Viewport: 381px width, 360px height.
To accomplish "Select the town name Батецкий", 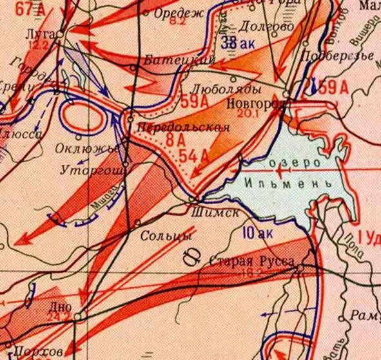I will tap(179, 59).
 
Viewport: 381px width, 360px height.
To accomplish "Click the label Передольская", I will tap(182, 128).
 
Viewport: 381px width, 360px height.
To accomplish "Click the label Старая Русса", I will tap(252, 261).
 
